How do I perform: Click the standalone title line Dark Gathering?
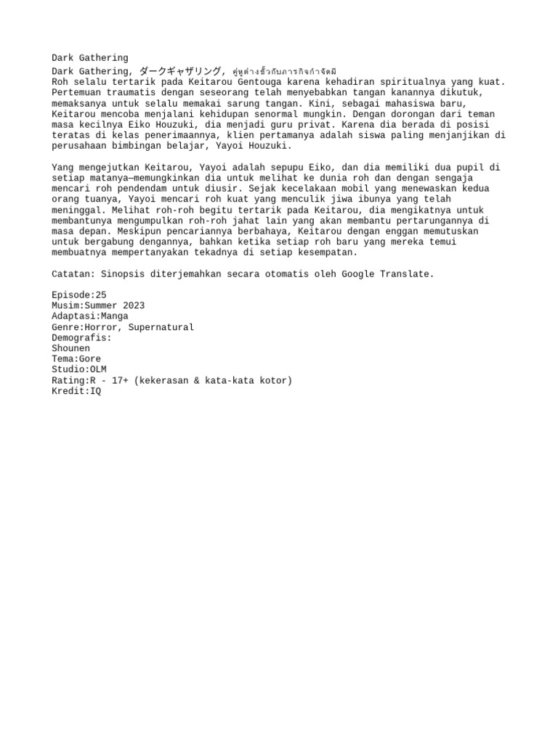tap(89, 58)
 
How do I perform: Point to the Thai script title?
tap(284, 72)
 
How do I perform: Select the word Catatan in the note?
tap(70, 274)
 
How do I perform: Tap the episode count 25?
tap(100, 295)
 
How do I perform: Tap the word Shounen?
tap(70, 348)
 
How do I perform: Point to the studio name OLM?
tap(97, 369)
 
